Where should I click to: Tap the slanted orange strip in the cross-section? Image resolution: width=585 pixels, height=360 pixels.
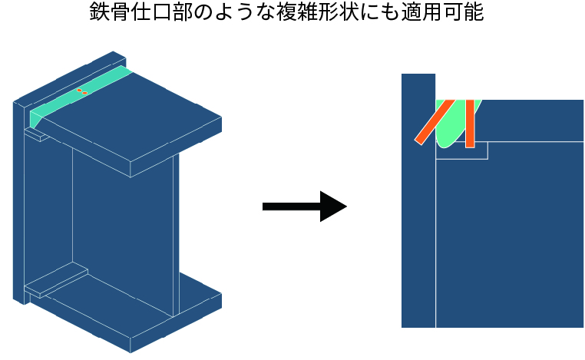tap(435, 122)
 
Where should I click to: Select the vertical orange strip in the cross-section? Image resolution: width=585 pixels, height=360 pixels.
tap(470, 123)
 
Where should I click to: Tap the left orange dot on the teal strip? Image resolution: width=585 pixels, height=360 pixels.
tap(79, 91)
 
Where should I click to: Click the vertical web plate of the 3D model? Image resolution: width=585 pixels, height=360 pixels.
tap(123, 223)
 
